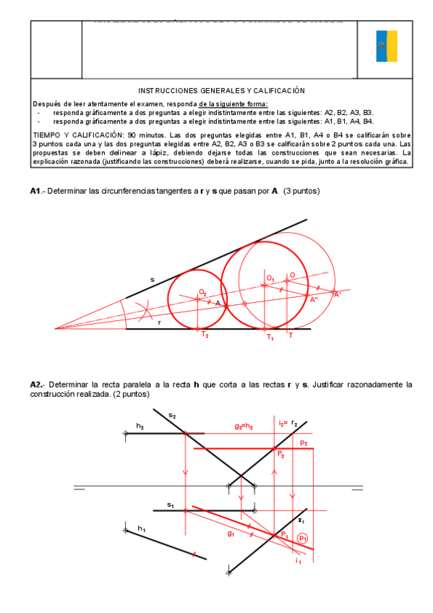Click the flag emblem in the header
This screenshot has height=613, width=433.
[386, 46]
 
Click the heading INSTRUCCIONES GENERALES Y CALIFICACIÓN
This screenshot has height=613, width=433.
[221, 90]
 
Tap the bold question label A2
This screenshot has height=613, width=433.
[37, 385]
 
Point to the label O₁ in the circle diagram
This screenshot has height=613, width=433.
[270, 278]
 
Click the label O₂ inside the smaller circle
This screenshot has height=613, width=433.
[203, 291]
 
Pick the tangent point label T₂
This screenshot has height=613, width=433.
[205, 335]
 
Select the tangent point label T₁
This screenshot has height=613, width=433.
[270, 337]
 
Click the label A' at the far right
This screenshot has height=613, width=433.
[337, 294]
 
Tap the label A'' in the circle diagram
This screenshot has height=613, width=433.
[314, 299]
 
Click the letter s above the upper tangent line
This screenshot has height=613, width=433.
[152, 279]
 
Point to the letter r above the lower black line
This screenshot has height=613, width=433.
[160, 322]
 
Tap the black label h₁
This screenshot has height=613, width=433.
[142, 529]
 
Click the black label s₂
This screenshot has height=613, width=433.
[172, 415]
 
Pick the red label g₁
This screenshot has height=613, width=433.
[231, 534]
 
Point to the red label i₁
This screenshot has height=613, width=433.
[298, 560]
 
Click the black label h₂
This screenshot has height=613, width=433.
[140, 427]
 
